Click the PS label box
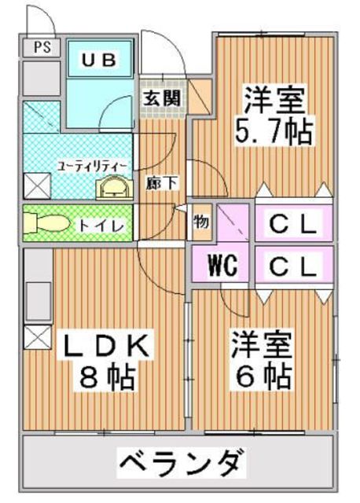point(40,46)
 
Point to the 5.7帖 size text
point(273,130)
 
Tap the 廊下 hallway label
point(162,183)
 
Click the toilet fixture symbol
point(44,224)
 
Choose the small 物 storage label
point(201,222)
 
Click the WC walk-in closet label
point(222,263)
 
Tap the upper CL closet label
point(293,224)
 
